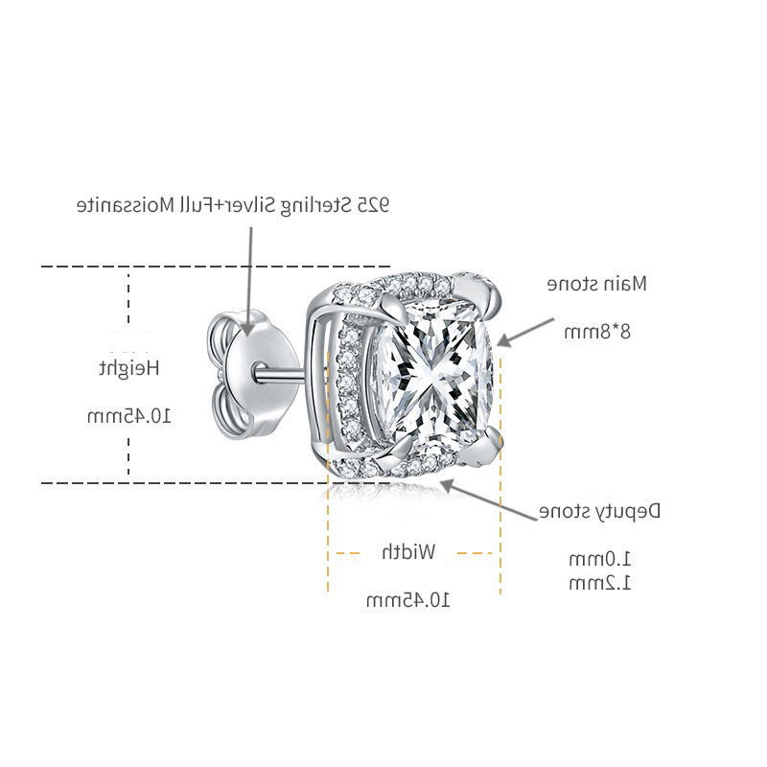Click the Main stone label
click(597, 284)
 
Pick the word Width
click(409, 552)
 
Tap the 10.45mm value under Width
click(408, 600)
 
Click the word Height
click(128, 367)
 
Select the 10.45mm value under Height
click(129, 415)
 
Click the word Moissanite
click(126, 205)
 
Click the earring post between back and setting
click(283, 369)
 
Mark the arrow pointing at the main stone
click(523, 329)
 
